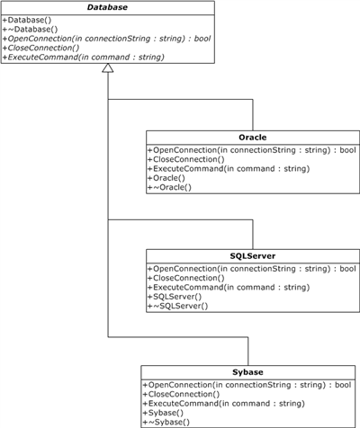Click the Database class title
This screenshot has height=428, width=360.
[x=107, y=7]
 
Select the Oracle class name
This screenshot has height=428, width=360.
[x=253, y=138]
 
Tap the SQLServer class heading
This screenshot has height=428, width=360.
[x=253, y=256]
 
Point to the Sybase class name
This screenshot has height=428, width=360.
[x=247, y=372]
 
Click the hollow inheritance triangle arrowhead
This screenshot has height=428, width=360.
[x=108, y=68]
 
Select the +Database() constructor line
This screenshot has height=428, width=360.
[x=27, y=20]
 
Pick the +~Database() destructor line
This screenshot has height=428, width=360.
[x=30, y=30]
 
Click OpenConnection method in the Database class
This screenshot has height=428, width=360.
[x=106, y=39]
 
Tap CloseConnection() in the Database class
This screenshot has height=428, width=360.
[x=40, y=48]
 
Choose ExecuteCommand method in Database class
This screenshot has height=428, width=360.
[x=84, y=58]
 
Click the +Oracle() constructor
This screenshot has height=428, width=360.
[x=166, y=178]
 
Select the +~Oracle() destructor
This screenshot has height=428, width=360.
[x=169, y=187]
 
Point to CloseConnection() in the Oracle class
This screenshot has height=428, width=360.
[x=186, y=159]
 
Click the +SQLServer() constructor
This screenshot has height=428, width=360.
[x=175, y=297]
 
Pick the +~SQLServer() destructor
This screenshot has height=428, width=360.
[x=178, y=306]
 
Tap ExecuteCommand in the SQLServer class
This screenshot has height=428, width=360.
[x=229, y=288]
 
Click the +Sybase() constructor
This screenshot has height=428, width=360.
[x=163, y=413]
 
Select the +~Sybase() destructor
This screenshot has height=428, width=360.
[x=166, y=423]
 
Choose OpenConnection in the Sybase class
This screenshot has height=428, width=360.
[x=247, y=385]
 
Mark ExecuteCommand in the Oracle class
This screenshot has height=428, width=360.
[x=229, y=169]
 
